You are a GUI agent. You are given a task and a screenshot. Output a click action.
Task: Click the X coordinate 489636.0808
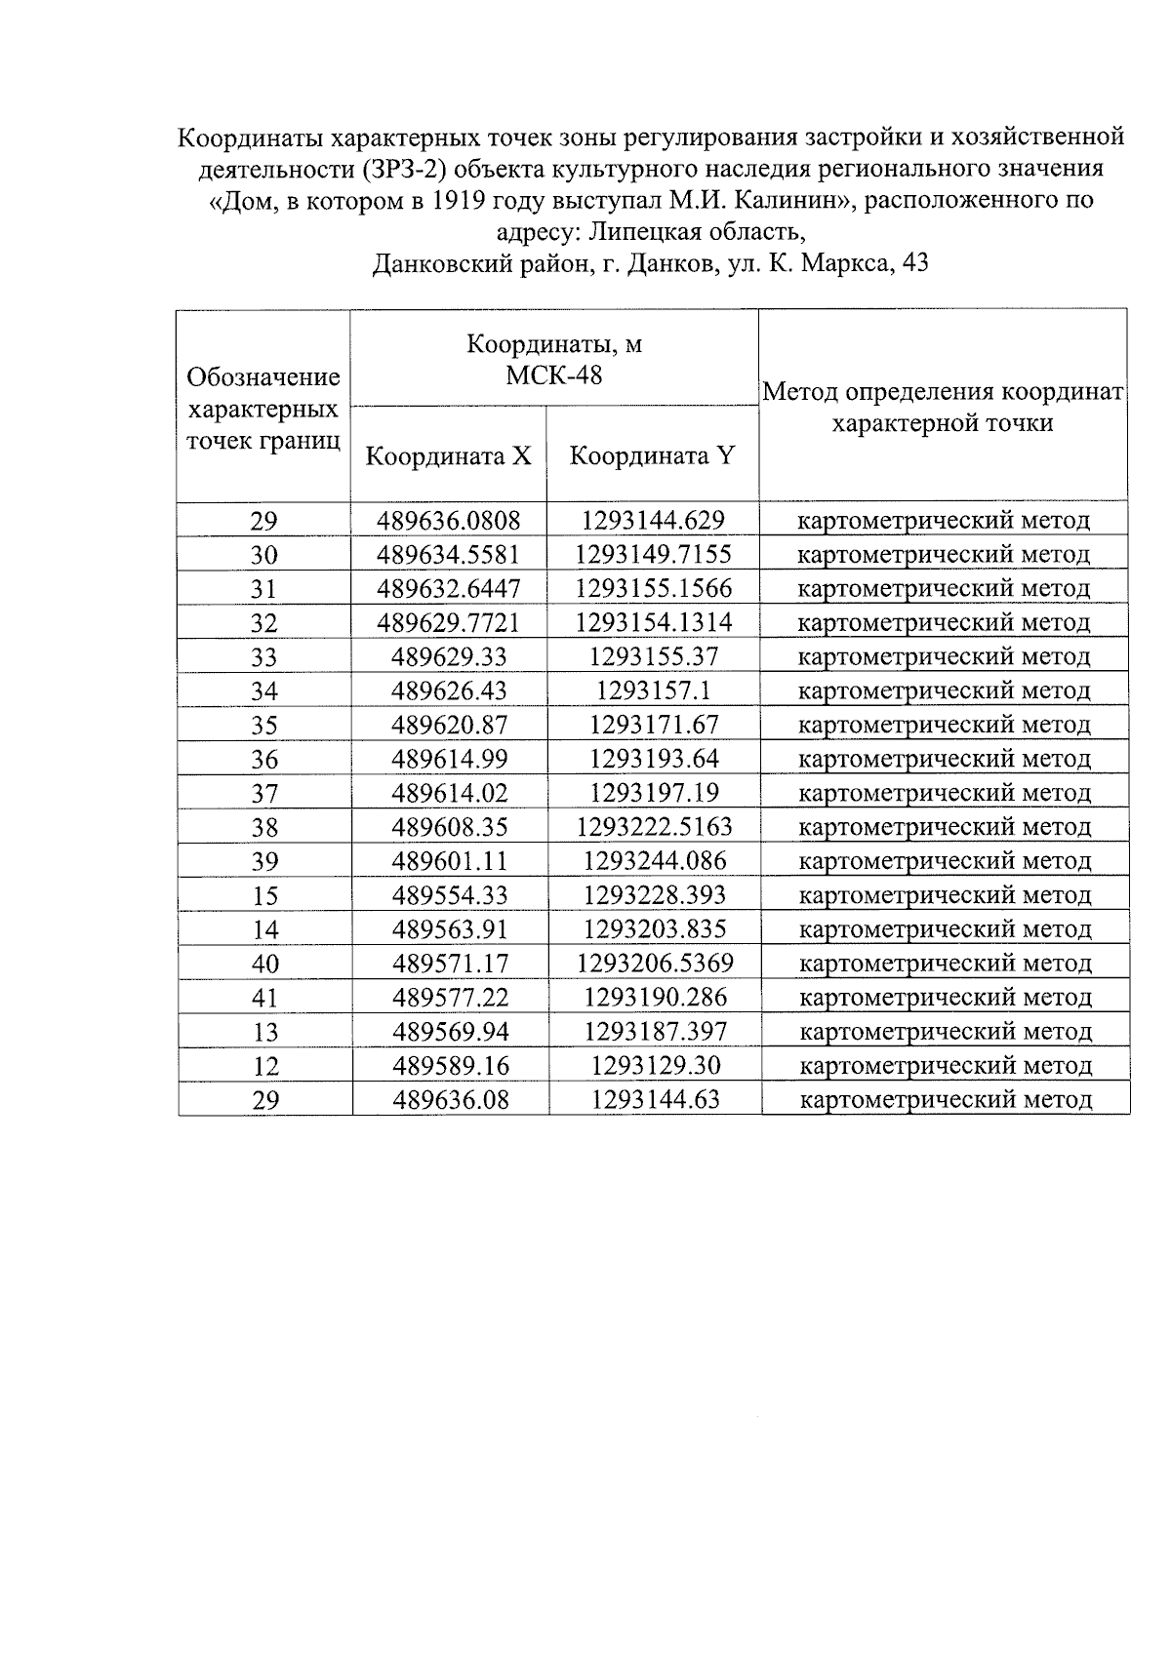449,521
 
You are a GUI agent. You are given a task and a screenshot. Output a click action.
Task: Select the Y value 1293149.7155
653,555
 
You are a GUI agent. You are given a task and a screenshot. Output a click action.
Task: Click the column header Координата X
449,456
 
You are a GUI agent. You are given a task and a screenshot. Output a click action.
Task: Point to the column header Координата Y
652,456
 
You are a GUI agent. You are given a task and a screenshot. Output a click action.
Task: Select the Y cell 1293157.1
653,691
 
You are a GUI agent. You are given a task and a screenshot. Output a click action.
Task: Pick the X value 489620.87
449,726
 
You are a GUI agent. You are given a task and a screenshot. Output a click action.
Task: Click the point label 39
264,862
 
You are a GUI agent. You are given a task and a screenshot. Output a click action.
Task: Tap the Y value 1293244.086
654,861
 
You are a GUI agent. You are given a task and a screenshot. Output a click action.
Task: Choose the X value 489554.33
450,895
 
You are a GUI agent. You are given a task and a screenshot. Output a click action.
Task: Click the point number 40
265,965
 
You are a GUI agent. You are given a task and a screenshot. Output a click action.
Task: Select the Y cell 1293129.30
655,1066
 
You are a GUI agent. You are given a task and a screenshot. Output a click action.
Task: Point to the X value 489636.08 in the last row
451,1100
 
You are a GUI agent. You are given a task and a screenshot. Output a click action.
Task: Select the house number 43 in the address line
915,263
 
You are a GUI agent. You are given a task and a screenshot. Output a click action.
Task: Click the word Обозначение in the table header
263,377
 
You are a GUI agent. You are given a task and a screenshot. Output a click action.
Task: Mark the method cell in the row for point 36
944,760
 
